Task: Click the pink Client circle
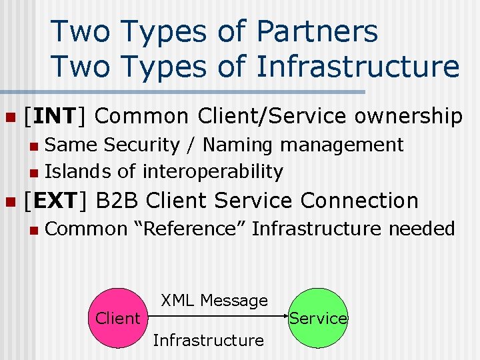click(118, 318)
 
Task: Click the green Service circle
click(318, 318)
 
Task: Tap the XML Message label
click(214, 301)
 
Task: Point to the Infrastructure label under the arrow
click(208, 340)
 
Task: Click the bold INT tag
click(55, 116)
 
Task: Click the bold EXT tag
click(55, 200)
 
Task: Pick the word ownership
click(408, 117)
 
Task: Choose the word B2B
click(118, 200)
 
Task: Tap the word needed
click(421, 229)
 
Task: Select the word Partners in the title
click(317, 31)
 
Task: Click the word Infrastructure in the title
click(358, 67)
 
